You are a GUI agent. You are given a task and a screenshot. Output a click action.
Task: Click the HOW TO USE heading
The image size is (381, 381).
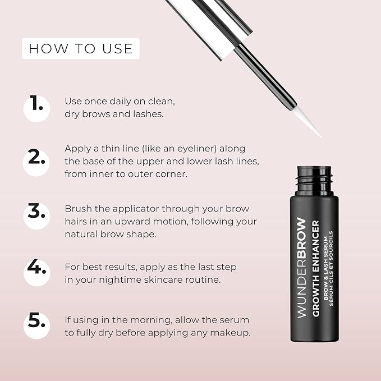80,48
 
